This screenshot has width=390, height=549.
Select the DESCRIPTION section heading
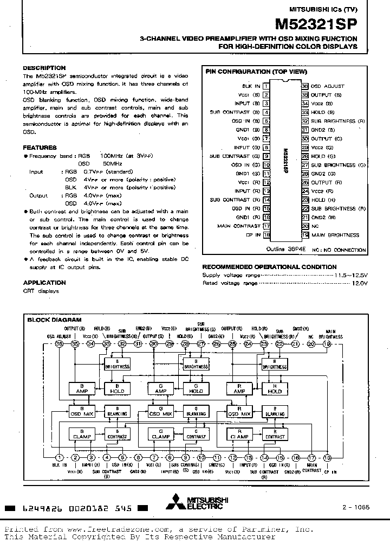[x=44, y=68]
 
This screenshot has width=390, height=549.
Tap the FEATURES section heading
[x=40, y=148]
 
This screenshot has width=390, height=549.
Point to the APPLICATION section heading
[x=44, y=283]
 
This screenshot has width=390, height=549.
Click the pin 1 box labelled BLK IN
[x=266, y=86]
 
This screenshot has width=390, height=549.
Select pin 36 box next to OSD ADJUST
[x=305, y=86]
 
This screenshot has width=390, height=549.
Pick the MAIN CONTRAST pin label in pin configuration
[x=239, y=226]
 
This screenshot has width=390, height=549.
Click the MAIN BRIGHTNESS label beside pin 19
[x=335, y=235]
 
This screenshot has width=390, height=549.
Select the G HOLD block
[x=196, y=388]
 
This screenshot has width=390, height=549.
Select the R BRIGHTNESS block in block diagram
[x=275, y=364]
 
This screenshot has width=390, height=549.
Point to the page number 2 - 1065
[x=355, y=507]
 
